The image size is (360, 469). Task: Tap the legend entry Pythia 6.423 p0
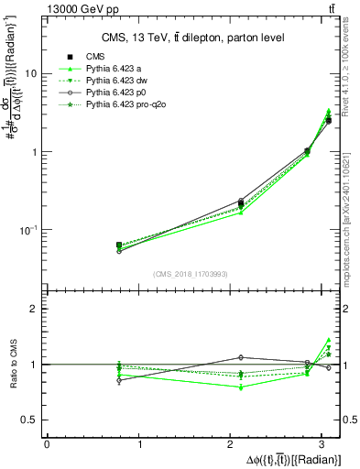(x=118, y=93)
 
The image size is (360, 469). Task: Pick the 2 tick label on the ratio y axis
(x=33, y=309)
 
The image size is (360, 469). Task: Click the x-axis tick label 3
(x=325, y=445)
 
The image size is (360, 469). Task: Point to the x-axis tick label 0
(x=47, y=445)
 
